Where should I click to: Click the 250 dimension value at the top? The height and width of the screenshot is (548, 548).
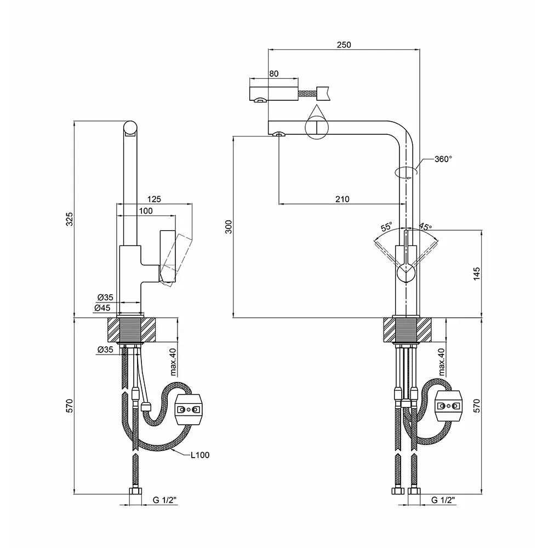point(344,44)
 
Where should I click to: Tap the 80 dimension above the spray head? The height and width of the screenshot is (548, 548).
point(274,73)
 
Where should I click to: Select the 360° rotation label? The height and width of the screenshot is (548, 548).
point(443,159)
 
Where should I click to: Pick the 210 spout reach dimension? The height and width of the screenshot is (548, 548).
point(342,199)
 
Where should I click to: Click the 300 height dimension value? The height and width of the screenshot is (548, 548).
point(229,226)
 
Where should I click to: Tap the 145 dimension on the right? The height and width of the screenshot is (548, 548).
point(476,273)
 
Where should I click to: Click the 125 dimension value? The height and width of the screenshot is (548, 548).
point(154,199)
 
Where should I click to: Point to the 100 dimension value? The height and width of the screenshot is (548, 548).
point(145,210)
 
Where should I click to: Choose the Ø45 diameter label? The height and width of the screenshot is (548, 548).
point(105,308)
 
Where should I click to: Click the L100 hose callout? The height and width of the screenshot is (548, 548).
point(200,454)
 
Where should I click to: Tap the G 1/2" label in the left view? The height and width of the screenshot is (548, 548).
point(164,500)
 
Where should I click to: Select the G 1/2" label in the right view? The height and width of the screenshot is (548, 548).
point(443,500)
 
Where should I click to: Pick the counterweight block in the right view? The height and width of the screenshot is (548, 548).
point(449,406)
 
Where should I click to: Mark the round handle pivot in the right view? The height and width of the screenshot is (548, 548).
point(406,271)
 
